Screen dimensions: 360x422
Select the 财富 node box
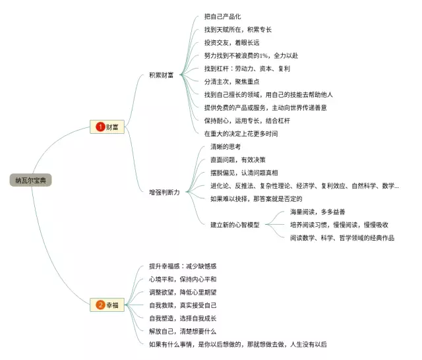(x=107, y=127)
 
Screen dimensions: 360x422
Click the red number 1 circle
(x=100, y=127)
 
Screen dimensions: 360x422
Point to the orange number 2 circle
(x=100, y=305)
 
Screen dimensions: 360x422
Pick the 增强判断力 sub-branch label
(x=164, y=192)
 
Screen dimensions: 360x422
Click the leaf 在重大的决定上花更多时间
(x=241, y=133)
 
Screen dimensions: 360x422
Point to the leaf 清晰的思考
(x=226, y=146)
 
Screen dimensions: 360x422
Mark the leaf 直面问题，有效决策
(x=238, y=159)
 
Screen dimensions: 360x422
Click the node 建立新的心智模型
(x=234, y=224)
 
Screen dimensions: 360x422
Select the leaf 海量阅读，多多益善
(x=318, y=212)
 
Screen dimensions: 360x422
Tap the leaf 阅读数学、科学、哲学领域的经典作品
(x=342, y=237)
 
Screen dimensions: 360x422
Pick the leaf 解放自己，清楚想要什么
(x=183, y=330)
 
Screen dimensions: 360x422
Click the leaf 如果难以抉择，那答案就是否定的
(x=256, y=198)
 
